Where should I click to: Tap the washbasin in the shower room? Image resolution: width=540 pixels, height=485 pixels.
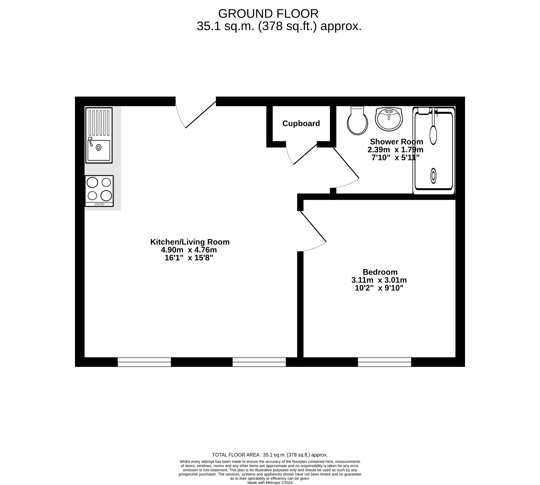click(x=389, y=119)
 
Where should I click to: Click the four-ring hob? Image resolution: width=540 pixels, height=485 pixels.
click(x=99, y=191)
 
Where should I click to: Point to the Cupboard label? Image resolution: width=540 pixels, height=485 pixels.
click(x=301, y=123)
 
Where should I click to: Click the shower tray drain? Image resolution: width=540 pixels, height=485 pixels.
click(x=433, y=176)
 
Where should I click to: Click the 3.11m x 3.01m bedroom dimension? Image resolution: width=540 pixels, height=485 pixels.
click(x=379, y=280)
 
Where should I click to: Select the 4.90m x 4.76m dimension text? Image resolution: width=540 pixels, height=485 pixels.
click(x=189, y=250)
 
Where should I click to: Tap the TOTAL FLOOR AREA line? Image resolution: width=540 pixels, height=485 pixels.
click(x=270, y=455)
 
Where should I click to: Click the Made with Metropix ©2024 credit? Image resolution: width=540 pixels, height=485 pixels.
click(x=270, y=483)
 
